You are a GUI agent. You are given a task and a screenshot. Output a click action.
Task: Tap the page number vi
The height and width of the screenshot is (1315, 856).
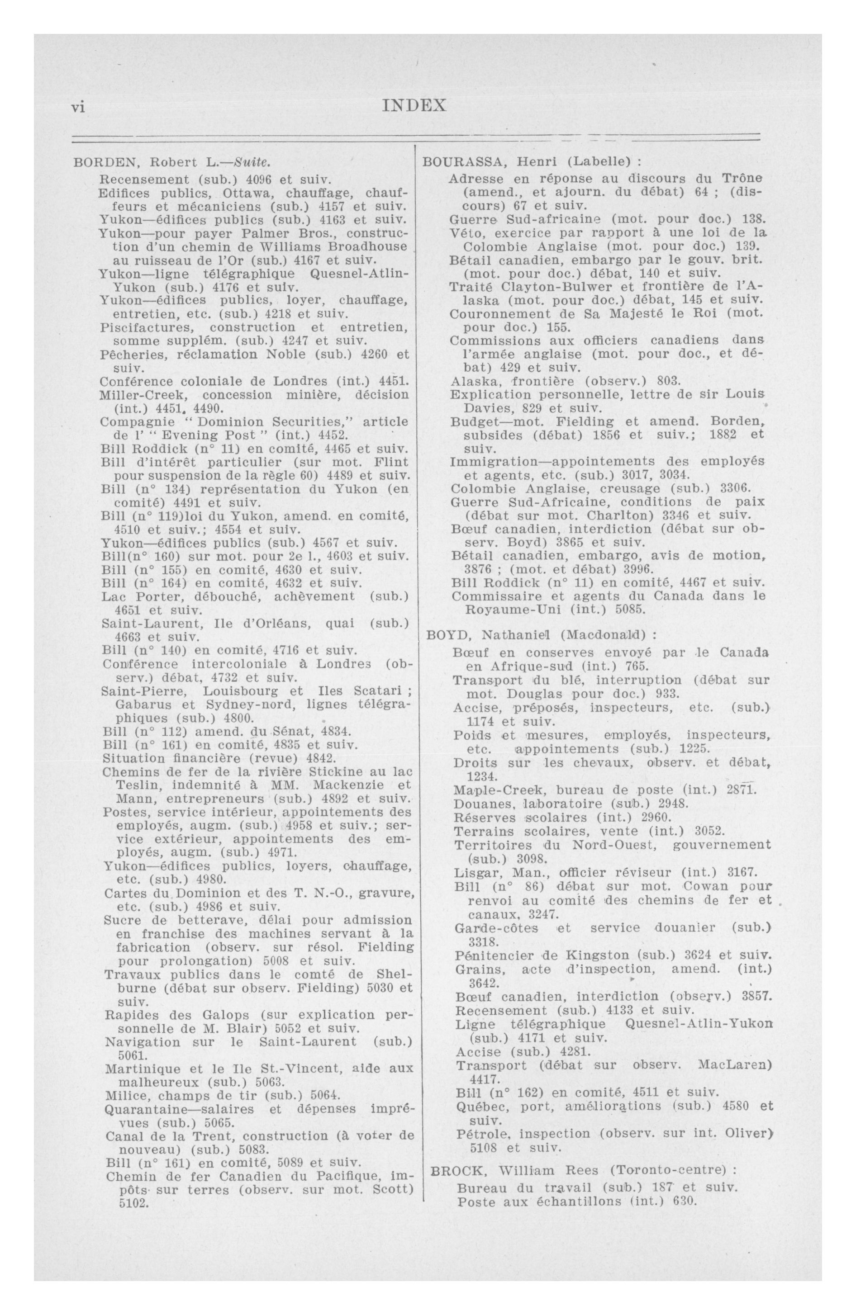78,107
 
